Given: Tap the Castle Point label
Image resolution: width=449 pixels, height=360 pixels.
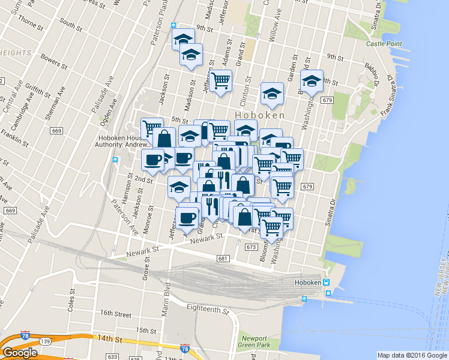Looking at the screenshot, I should click(x=383, y=44).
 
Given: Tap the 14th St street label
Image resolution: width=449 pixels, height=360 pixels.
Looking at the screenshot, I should click(x=110, y=339).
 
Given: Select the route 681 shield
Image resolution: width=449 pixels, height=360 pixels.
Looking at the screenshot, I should click(x=223, y=258).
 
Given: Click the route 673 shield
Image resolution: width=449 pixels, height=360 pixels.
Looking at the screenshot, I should click(x=251, y=247).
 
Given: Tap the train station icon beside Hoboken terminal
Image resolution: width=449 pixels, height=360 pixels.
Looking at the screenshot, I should click(x=326, y=283).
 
